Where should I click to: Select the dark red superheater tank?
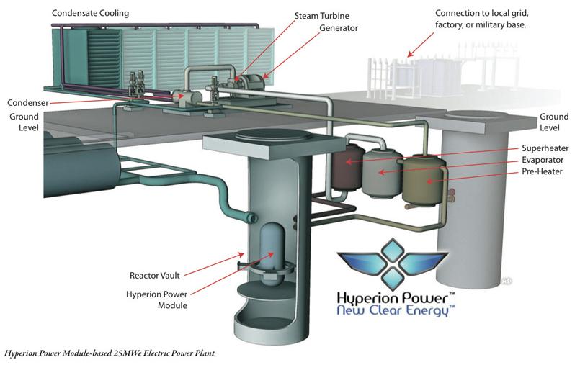point(349,163)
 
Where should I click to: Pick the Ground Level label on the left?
point(24,122)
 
